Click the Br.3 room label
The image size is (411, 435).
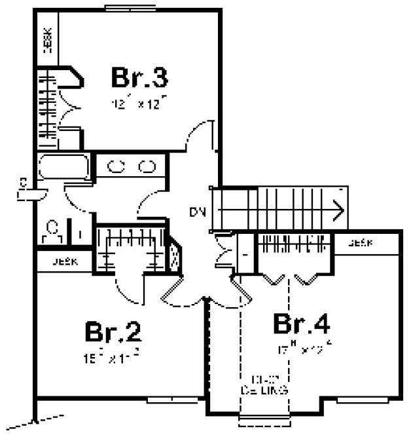[x=139, y=78]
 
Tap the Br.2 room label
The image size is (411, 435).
[x=113, y=332]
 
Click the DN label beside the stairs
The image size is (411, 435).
[x=198, y=212]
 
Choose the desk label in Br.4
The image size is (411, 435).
[x=361, y=243]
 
